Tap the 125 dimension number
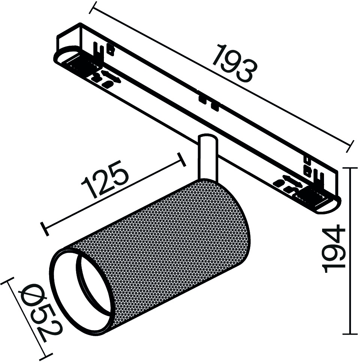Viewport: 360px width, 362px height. pyautogui.click(x=105, y=180)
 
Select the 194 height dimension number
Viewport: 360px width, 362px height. pyautogui.click(x=334, y=248)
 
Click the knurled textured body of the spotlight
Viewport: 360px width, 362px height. pyautogui.click(x=162, y=249)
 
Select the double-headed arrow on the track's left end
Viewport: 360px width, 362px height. pyautogui.click(x=111, y=77)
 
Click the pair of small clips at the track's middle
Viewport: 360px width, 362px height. pyautogui.click(x=208, y=103)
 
